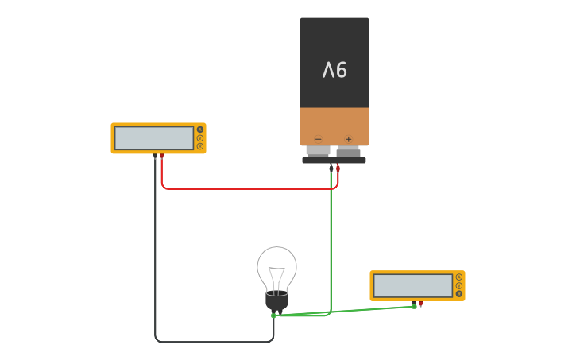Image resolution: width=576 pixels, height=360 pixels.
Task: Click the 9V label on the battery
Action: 334,71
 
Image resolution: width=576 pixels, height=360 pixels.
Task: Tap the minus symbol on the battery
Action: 319,139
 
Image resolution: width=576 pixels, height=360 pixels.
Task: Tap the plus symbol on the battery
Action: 348,139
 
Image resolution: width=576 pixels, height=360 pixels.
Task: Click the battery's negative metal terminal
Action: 319,151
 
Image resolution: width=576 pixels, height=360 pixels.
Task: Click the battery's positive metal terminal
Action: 348,151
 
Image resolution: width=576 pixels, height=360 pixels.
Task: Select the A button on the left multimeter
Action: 200,130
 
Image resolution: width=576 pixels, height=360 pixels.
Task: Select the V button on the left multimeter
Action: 200,138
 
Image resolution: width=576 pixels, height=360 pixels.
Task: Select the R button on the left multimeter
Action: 200,146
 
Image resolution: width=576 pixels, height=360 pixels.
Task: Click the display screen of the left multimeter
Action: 153,138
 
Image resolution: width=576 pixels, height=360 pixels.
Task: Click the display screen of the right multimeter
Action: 412,285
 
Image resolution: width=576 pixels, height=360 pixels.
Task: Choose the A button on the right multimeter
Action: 459,277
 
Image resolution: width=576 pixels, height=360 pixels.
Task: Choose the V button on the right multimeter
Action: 459,285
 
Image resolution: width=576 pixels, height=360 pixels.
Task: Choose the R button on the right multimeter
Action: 459,293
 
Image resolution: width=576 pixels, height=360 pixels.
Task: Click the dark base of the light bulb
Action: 276,301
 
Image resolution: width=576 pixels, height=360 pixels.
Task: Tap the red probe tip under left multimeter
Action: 162,157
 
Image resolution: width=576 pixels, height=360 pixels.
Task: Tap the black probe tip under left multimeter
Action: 155,157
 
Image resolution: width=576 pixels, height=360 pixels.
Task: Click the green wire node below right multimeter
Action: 414,306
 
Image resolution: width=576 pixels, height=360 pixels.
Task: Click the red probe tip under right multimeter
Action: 421,304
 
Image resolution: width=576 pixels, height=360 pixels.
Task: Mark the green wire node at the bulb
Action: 273,315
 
